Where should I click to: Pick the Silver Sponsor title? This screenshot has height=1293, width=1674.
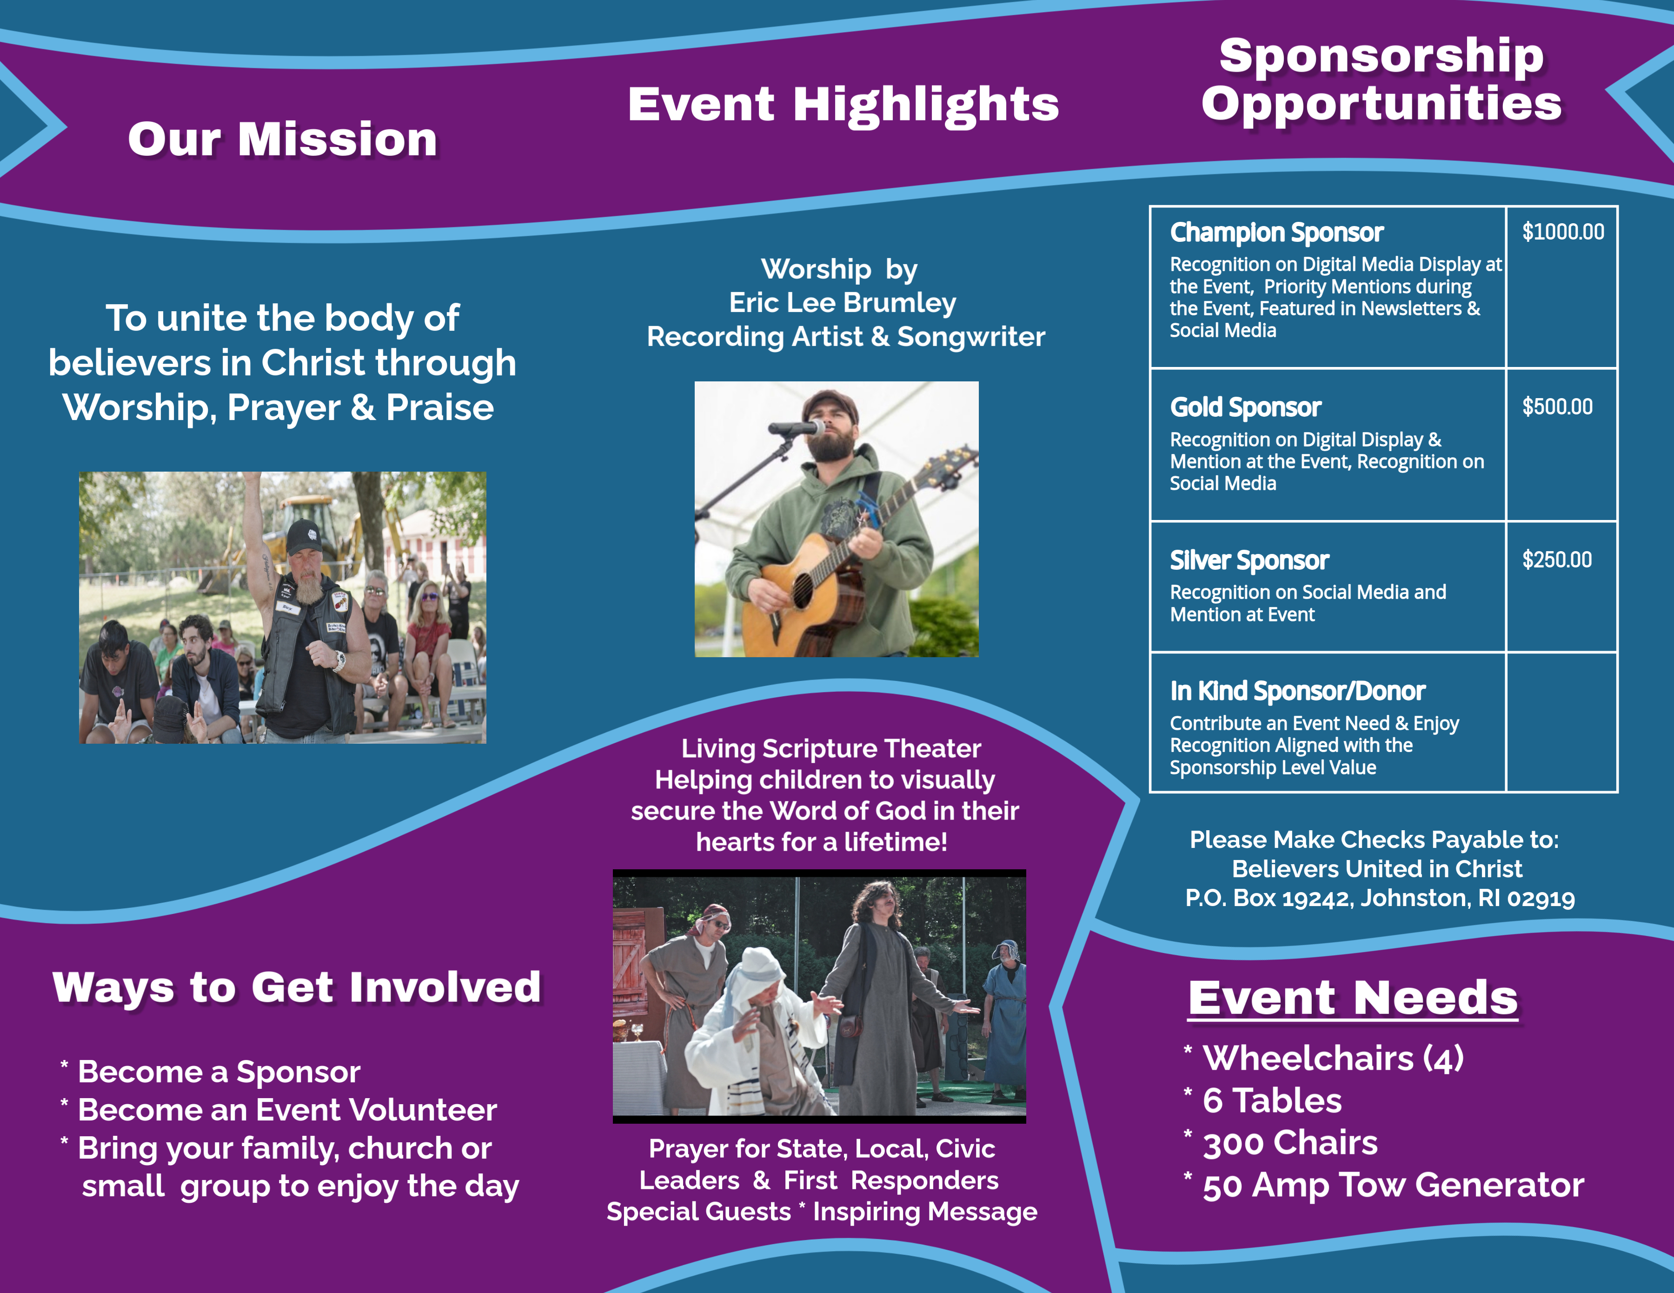pos(1249,561)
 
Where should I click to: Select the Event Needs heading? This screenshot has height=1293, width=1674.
pos(1353,998)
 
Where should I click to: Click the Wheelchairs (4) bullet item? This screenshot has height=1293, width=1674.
pos(1333,1059)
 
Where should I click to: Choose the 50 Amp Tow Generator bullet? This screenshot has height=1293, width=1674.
pos(1393,1185)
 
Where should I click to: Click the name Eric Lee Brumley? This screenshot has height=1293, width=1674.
pos(843,303)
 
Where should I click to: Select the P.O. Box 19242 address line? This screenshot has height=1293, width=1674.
pos(1380,898)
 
